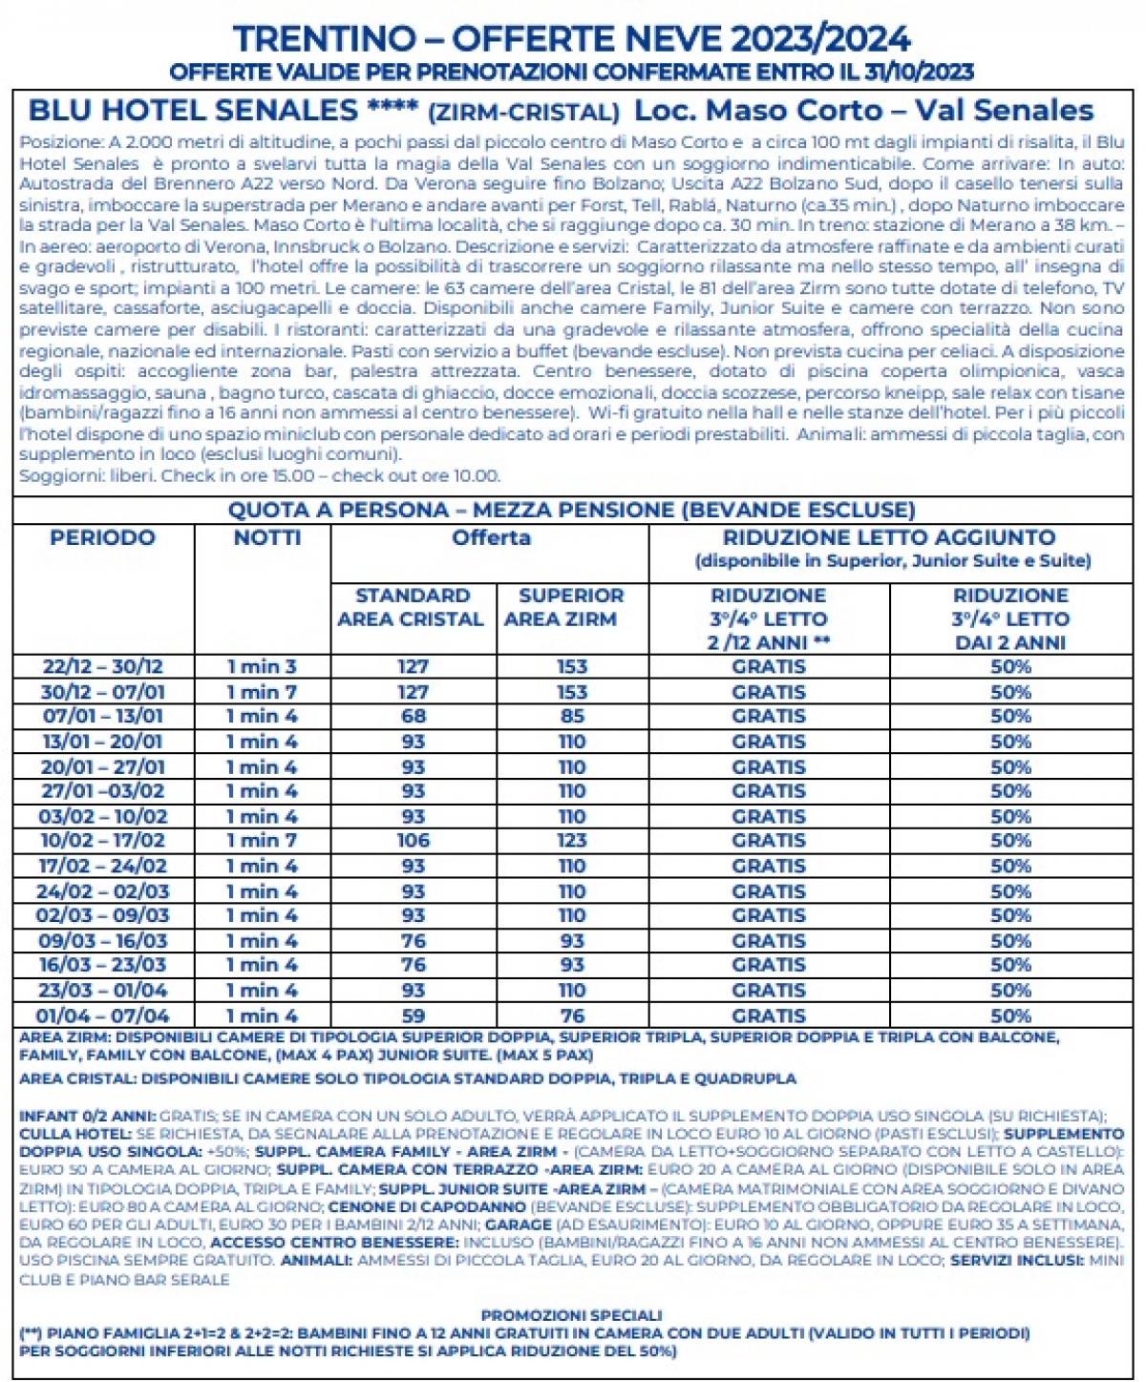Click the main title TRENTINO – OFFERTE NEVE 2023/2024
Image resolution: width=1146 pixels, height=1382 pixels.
(572, 39)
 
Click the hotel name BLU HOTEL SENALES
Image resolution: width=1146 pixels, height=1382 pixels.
(192, 111)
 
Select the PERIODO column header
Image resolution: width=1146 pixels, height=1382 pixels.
(102, 538)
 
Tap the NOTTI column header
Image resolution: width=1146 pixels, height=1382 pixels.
(266, 538)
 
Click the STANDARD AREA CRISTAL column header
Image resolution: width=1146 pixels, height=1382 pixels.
(412, 607)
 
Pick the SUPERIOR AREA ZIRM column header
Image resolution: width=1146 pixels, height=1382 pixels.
(571, 607)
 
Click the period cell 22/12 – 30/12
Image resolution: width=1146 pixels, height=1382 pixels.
(102, 666)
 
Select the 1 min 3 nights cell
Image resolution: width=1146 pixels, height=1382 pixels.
(262, 666)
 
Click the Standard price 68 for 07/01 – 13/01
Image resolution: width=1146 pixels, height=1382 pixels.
(413, 716)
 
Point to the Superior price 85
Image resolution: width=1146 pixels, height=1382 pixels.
(571, 716)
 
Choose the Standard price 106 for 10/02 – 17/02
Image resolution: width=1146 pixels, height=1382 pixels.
(413, 841)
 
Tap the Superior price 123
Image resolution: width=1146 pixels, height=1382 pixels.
(571, 841)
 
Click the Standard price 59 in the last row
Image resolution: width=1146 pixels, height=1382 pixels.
(413, 1016)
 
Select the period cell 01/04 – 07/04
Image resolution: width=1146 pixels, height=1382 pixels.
(102, 1016)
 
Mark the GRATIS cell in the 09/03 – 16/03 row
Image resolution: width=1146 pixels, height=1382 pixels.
(769, 941)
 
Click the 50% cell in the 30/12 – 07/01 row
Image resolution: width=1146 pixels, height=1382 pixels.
(1010, 692)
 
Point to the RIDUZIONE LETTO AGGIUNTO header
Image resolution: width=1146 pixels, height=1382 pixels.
(889, 538)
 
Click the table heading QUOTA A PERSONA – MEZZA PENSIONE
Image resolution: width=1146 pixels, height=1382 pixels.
(571, 510)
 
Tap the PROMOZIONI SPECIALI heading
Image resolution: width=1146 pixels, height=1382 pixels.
(571, 1315)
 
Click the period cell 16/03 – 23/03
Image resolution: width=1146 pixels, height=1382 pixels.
(102, 965)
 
